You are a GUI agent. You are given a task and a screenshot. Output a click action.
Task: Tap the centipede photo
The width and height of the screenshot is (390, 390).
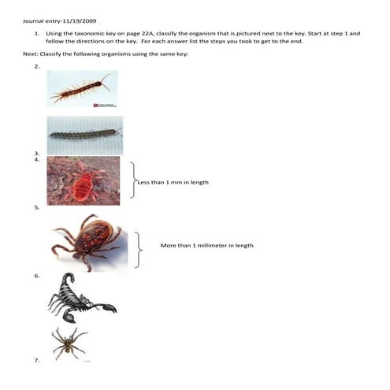point(82,88)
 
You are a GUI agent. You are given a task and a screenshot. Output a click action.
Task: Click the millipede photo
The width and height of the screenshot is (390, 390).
point(84,135)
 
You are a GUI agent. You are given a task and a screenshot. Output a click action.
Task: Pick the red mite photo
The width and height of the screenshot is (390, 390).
point(83,180)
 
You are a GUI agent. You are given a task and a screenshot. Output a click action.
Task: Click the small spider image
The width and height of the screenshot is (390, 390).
point(69,344)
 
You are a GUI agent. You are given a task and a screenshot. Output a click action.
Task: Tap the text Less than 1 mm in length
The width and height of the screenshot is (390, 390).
point(174,182)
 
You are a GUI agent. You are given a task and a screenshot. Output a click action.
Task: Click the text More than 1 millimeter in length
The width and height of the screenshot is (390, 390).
point(206,245)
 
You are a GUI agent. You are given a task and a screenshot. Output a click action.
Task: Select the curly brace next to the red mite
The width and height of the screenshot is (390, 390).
point(132,180)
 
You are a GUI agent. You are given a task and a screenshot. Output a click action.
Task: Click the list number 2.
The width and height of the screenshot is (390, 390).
point(36,68)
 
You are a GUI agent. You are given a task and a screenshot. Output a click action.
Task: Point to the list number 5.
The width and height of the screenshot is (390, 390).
point(36,207)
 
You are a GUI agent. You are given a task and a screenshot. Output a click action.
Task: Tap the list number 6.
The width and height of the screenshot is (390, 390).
point(36,276)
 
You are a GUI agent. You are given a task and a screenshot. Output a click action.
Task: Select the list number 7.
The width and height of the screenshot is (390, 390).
point(36,360)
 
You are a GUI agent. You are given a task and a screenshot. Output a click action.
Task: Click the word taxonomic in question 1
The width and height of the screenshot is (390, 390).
point(89,34)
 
